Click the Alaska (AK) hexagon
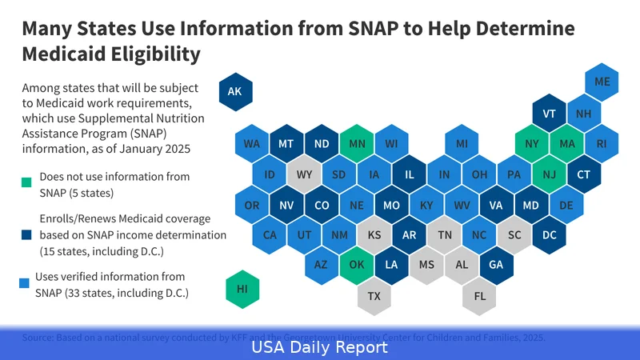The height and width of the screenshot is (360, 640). point(234,92)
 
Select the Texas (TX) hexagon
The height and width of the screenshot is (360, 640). point(374,296)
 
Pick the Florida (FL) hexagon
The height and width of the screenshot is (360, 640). point(479,296)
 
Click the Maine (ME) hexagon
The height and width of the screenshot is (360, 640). point(602,82)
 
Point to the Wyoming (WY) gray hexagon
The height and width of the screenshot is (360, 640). point(304,174)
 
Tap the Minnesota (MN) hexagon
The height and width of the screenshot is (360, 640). point(356,144)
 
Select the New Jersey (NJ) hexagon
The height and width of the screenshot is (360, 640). point(549,174)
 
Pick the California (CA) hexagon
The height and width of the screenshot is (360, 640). point(270,235)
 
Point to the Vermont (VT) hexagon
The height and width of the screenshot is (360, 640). point(549,114)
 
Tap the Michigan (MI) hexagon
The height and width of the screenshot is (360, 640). point(462,144)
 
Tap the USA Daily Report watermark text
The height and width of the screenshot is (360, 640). point(320,348)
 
